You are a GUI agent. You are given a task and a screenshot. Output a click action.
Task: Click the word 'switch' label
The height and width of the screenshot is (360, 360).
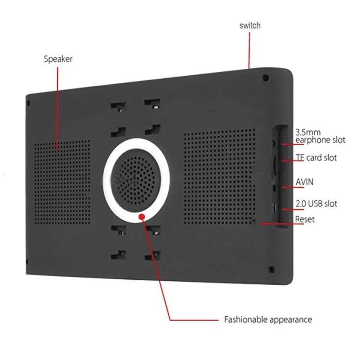click(x=250, y=26)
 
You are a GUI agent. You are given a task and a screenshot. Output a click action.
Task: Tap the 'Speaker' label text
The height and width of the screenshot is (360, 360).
click(x=58, y=59)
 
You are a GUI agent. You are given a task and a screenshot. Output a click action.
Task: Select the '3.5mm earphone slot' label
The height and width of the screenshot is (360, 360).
click(x=320, y=136)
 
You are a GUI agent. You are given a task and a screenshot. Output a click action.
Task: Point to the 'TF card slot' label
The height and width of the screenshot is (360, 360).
click(x=316, y=158)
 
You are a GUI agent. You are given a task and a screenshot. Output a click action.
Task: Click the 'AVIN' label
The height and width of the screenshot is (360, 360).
click(x=304, y=182)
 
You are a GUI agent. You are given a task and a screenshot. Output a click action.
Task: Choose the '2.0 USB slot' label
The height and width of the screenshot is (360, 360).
click(x=316, y=204)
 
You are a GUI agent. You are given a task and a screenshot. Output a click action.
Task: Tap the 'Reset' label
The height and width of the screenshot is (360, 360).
click(x=304, y=219)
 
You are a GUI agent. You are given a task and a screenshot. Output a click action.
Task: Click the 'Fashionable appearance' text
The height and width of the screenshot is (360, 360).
click(x=268, y=319)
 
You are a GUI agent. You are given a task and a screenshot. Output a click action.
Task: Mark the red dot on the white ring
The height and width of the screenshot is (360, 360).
click(x=142, y=217)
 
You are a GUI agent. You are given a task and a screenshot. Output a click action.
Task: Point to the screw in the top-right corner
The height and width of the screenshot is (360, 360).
click(x=266, y=78)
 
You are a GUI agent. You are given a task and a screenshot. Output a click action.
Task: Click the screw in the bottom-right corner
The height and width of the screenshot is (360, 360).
click(x=272, y=269)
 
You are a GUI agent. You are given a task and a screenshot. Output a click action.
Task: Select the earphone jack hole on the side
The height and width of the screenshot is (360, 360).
click(x=274, y=144)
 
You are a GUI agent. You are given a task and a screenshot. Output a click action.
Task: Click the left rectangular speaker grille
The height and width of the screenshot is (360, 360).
click(x=62, y=182)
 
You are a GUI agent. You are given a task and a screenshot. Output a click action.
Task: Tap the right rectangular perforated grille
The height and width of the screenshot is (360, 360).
click(x=220, y=177)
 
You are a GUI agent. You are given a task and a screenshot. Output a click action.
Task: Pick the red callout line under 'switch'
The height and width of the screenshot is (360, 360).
click(x=249, y=50)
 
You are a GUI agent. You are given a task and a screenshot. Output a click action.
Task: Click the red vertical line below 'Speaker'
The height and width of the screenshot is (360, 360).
click(x=57, y=108)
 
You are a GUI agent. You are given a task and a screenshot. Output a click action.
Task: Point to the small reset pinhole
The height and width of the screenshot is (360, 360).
click(x=254, y=221)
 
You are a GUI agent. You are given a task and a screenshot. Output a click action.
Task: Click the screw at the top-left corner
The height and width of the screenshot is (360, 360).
click(x=28, y=103)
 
